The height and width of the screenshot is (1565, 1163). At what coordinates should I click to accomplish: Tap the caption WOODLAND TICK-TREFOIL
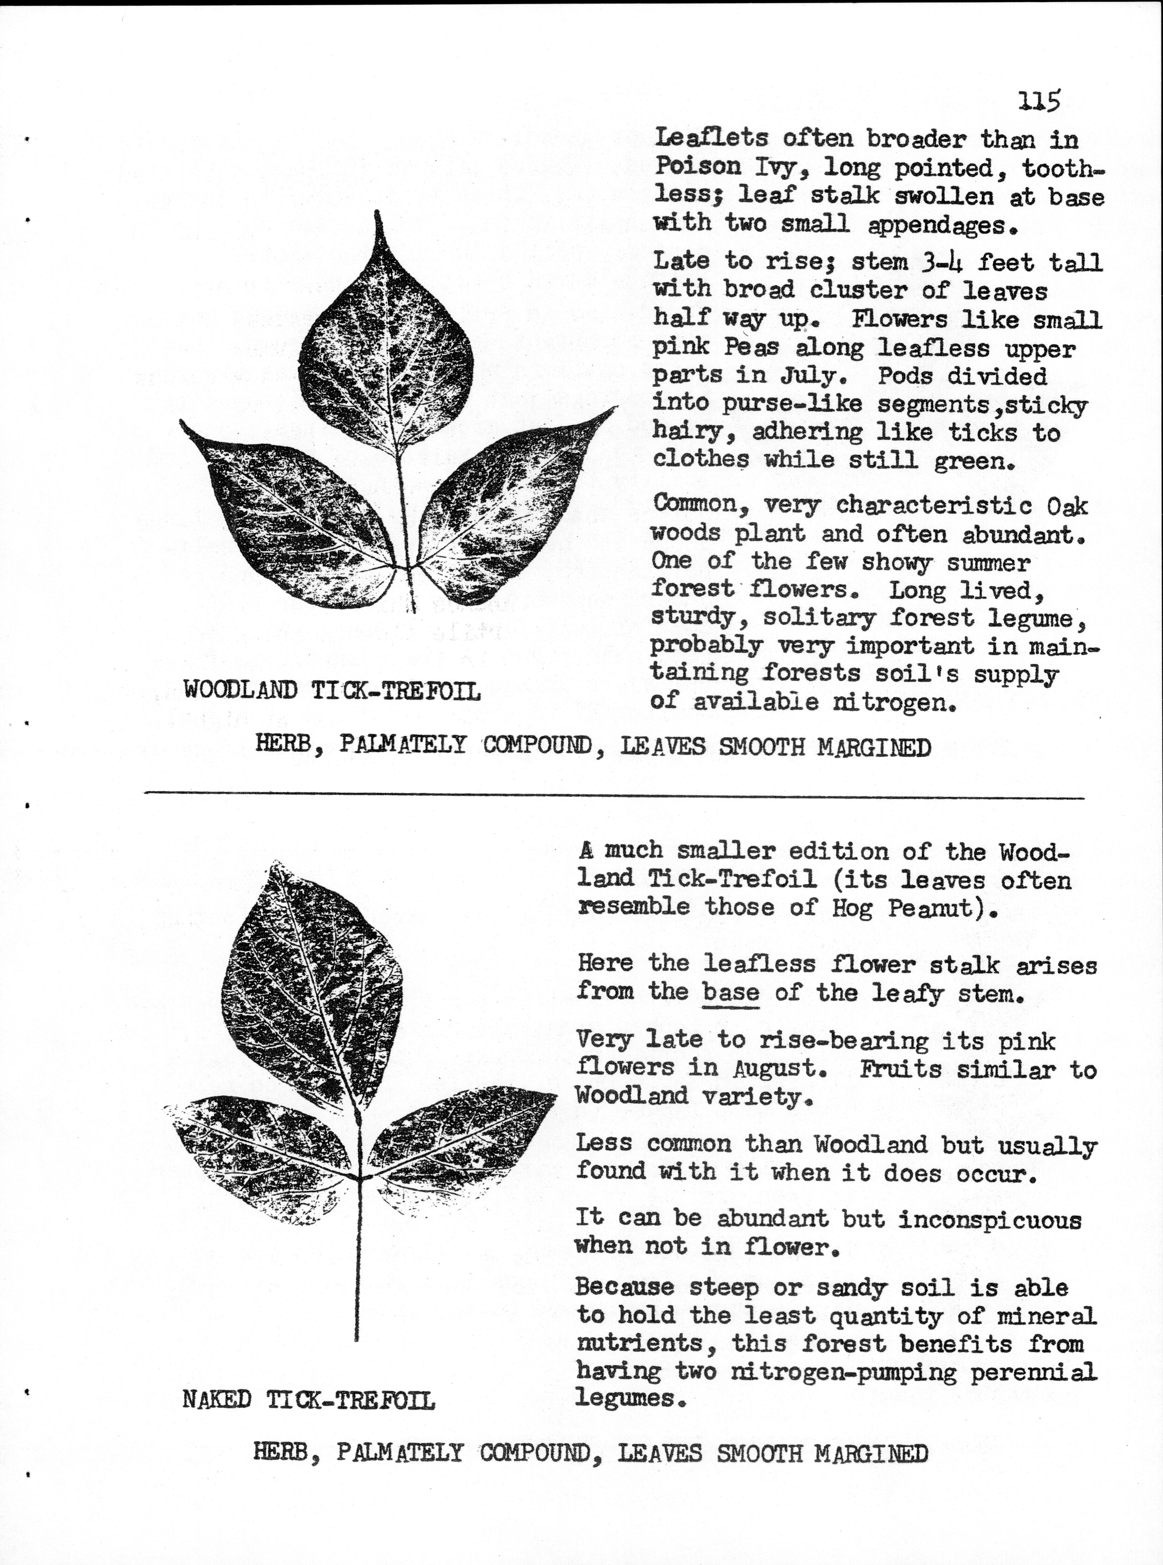click(332, 690)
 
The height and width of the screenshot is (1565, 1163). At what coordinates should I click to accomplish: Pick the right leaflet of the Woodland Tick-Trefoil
click(507, 507)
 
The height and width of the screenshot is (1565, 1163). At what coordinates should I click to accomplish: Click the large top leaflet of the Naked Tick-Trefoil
click(310, 986)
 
